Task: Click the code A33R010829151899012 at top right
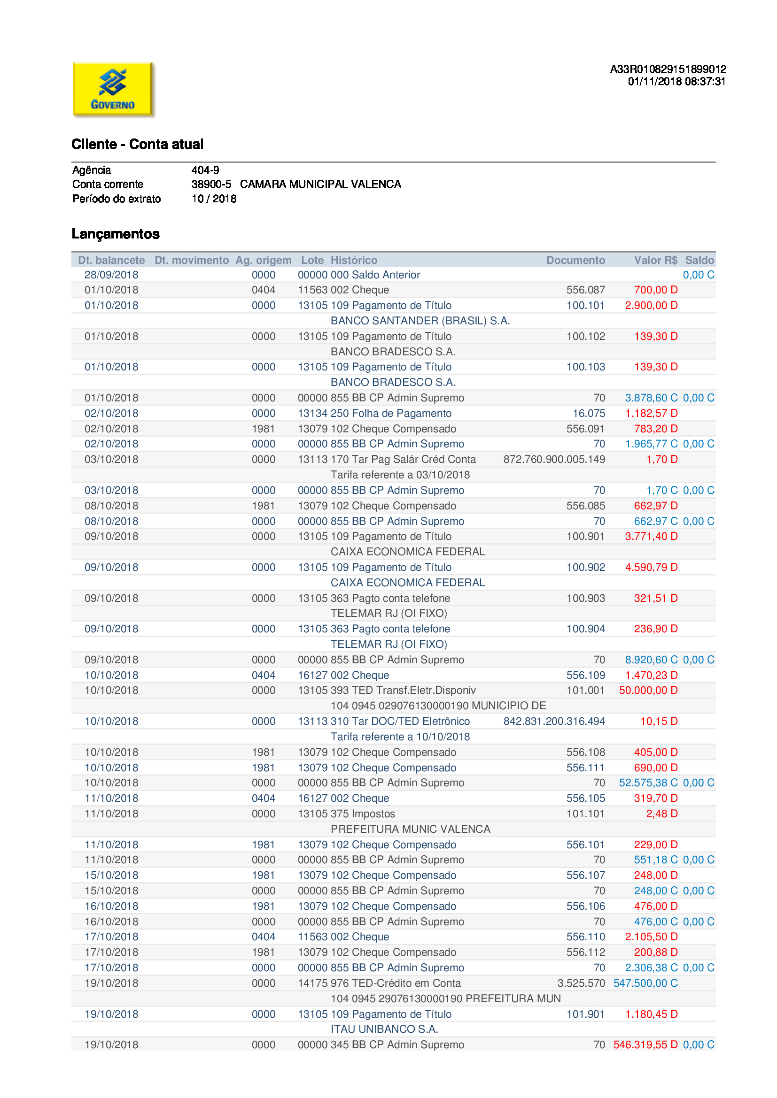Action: (x=668, y=69)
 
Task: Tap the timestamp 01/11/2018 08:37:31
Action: (x=676, y=82)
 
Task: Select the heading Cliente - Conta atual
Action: (x=137, y=144)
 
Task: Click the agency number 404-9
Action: (x=205, y=170)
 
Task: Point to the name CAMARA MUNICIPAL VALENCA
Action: (x=320, y=184)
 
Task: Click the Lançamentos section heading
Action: (x=115, y=234)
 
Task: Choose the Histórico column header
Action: (x=354, y=260)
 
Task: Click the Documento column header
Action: (x=575, y=260)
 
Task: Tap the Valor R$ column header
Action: (x=655, y=260)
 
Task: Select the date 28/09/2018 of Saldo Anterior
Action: (x=111, y=275)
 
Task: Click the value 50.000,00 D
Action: (x=648, y=690)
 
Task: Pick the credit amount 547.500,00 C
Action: (x=645, y=983)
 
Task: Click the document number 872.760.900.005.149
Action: (x=554, y=460)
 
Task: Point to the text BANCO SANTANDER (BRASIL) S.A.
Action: (x=420, y=321)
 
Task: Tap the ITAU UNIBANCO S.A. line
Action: (x=384, y=1029)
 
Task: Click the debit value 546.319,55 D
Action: (x=645, y=1045)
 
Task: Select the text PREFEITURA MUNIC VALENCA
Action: (x=411, y=829)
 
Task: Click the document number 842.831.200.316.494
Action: (x=554, y=721)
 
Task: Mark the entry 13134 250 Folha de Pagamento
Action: (x=374, y=413)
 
